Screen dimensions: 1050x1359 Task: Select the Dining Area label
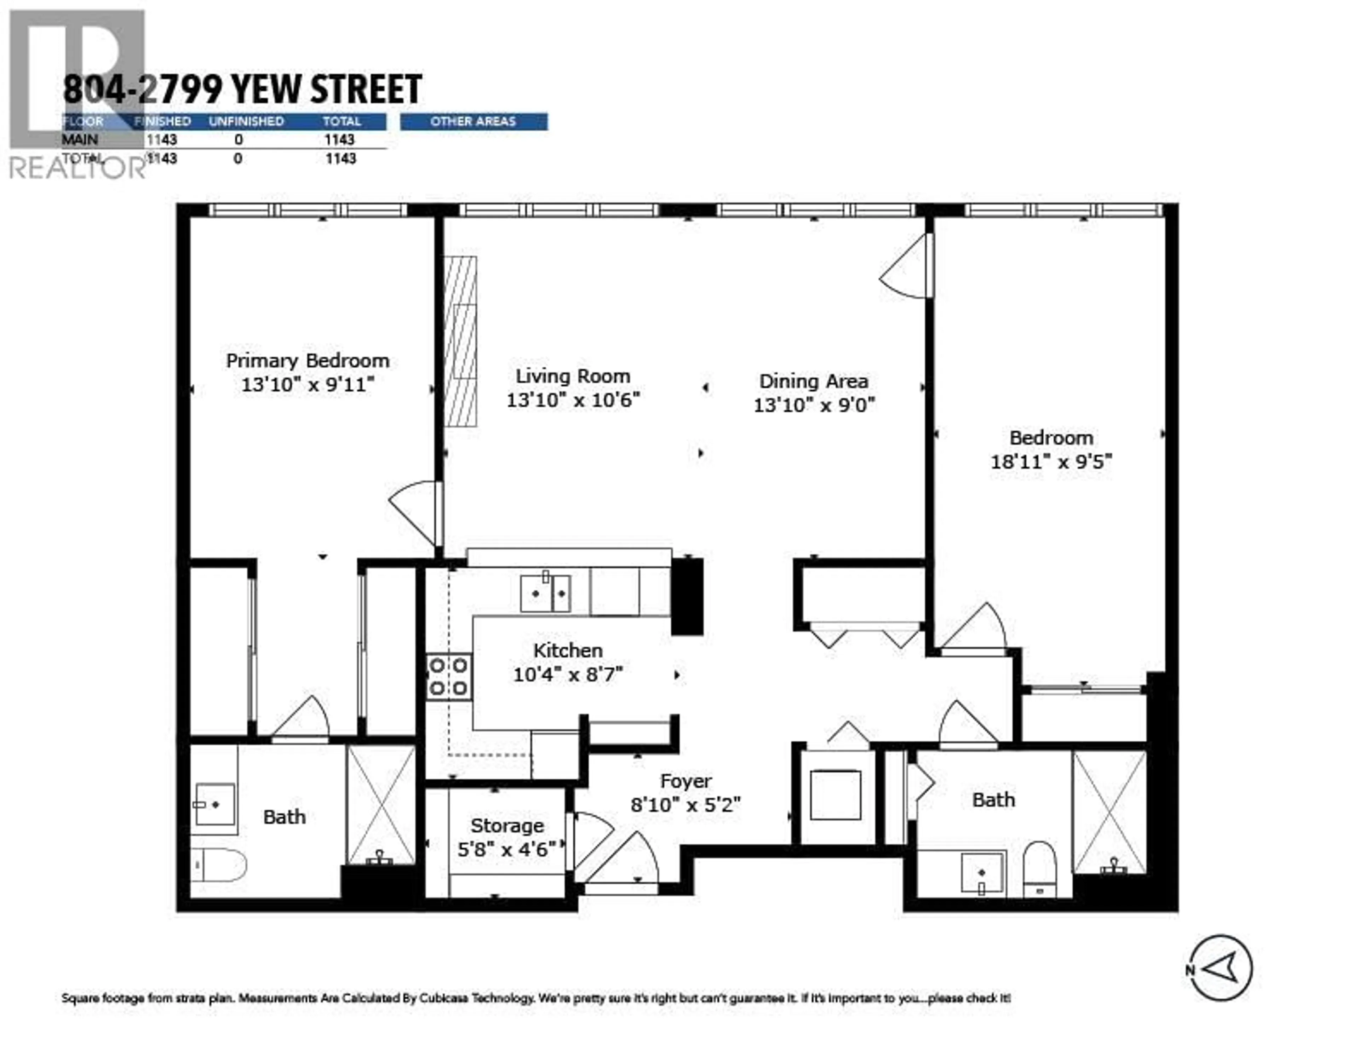[x=813, y=381]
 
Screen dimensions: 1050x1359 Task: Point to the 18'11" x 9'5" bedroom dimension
[x=1051, y=462]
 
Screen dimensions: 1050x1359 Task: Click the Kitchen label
[x=568, y=650]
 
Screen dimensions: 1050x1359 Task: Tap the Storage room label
[x=507, y=826]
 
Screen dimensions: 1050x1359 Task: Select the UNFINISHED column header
[x=246, y=121]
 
